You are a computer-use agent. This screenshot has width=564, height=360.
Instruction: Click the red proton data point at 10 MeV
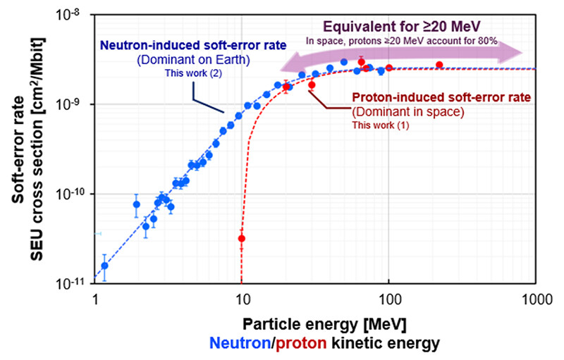pyautogui.click(x=242, y=238)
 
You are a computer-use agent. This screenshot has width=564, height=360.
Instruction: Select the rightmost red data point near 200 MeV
pyautogui.click(x=439, y=65)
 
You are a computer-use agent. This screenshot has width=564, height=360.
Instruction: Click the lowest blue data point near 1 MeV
pyautogui.click(x=104, y=266)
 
